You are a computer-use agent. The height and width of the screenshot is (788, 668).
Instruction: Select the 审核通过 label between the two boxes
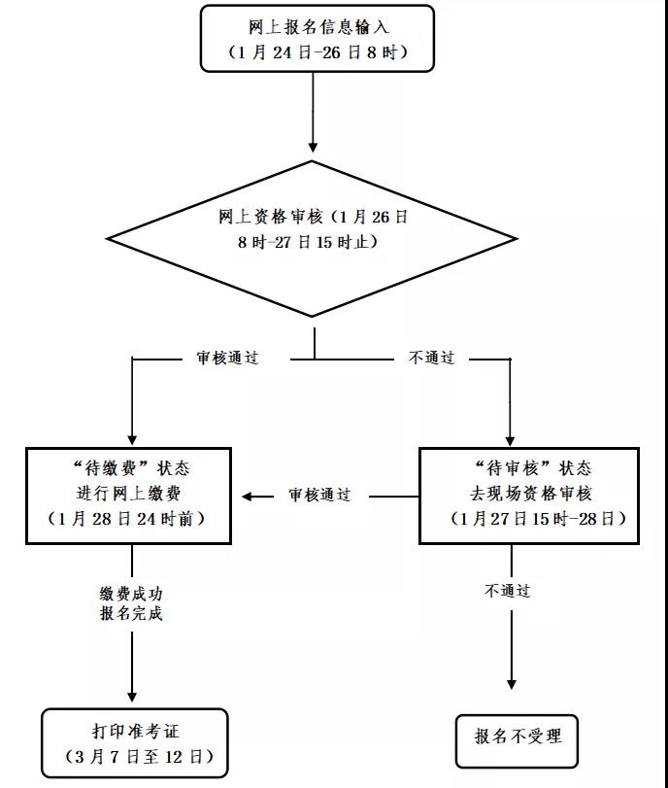coord(318,496)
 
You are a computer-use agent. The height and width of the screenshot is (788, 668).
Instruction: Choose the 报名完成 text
coord(131,614)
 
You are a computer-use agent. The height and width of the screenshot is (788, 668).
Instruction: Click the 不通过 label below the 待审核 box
coord(507,591)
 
